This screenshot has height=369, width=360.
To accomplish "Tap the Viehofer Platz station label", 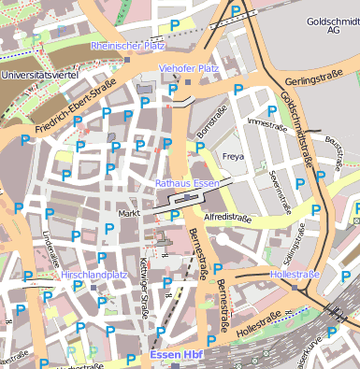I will (189, 68).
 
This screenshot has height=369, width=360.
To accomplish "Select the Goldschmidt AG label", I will (332, 24).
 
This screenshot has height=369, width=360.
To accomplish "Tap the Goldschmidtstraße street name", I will (296, 131).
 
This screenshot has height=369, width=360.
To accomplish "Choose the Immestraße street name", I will (265, 122).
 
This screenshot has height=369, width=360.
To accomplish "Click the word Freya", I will (233, 156).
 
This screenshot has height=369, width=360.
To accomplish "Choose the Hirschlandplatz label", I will (94, 276).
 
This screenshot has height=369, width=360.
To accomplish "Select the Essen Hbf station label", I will (176, 355).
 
